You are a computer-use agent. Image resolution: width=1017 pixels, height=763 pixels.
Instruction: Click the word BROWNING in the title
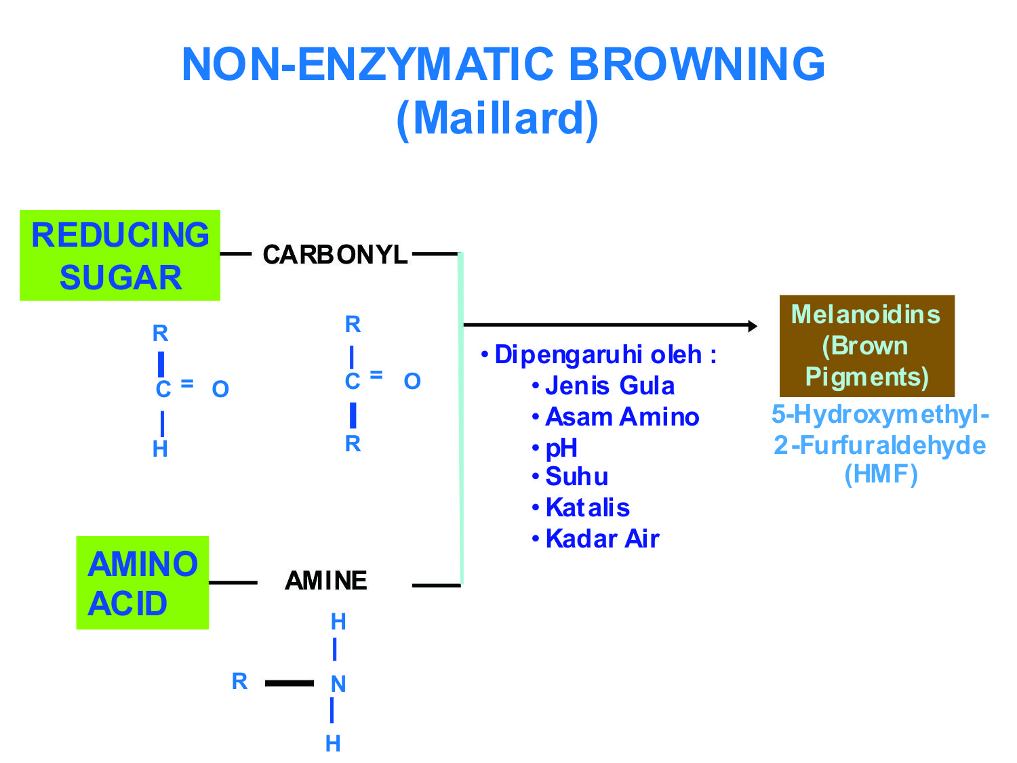coord(696,64)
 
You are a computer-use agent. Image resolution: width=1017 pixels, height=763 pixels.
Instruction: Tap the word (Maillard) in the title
coord(497,119)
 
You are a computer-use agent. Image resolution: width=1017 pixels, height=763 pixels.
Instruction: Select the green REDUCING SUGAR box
coord(120,255)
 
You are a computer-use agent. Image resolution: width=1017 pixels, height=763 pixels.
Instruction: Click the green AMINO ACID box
coord(142,583)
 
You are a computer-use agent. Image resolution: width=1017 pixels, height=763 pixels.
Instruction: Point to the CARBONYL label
coord(335,255)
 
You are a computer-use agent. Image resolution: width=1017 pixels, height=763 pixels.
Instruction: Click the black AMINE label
coord(326,581)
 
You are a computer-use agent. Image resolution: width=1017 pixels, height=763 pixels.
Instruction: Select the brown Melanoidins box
coord(866,346)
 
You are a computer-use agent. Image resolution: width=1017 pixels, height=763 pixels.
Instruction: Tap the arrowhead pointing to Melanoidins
coord(752,326)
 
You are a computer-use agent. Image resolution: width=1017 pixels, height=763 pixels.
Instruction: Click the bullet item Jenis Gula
coord(610,386)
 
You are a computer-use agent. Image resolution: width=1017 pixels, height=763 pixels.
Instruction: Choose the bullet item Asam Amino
coord(622,417)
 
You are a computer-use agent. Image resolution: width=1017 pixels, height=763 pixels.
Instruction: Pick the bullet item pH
coord(561,448)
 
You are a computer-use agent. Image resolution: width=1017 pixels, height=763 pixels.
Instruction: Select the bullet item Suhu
coord(576,476)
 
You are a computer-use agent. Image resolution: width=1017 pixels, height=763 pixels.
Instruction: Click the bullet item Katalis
coord(587,508)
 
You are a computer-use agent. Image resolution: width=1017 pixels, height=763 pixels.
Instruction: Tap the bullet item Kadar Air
coord(602,539)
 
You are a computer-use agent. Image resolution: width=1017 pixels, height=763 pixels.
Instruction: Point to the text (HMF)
coord(881,474)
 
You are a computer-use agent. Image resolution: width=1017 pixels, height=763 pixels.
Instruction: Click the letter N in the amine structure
coord(338,684)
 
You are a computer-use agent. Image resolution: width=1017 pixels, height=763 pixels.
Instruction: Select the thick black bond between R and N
coord(290,683)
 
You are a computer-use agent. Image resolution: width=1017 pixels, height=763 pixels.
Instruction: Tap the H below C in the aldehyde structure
coord(161,449)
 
